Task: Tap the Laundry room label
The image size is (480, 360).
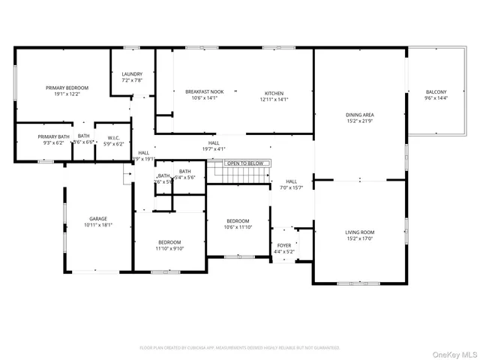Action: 131,74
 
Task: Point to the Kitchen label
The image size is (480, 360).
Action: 273,91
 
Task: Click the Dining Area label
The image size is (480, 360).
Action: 359,115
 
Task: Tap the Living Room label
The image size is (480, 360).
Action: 359,232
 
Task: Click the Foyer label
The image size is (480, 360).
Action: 284,245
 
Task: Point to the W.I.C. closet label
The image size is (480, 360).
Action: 114,137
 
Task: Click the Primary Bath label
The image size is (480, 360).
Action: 53,137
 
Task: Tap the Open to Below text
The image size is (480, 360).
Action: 245,163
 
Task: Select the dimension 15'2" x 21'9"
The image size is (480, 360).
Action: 359,121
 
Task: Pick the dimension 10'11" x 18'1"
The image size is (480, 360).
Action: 97,224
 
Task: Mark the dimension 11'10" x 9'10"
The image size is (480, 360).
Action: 169,248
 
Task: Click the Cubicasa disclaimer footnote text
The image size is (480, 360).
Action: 240,347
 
